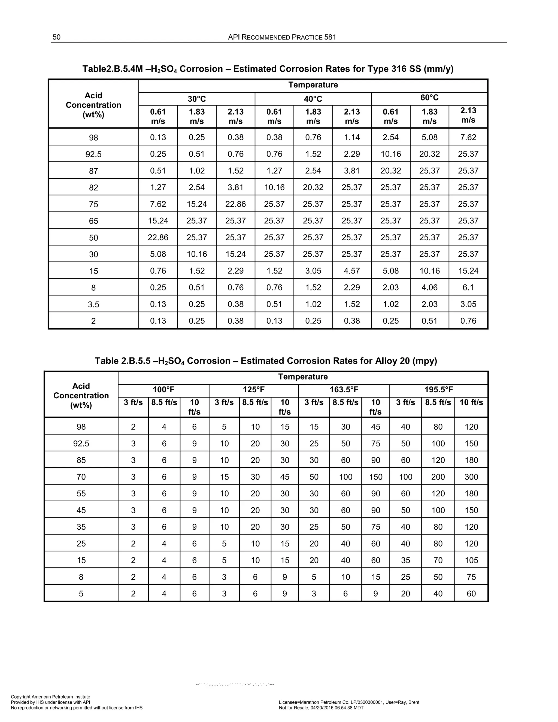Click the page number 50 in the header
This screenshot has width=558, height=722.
(56, 37)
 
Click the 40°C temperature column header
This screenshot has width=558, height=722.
(313, 99)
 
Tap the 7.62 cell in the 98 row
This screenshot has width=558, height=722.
(468, 137)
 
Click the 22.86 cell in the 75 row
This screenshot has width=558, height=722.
(235, 204)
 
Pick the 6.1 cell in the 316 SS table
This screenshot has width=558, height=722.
(468, 287)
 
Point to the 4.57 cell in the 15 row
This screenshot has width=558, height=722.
(352, 271)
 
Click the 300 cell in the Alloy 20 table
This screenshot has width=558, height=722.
(471, 477)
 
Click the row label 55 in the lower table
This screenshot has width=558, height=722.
(81, 494)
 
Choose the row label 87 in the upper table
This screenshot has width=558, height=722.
(93, 171)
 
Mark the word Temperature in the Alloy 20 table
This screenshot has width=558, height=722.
(303, 377)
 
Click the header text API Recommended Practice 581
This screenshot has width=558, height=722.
(282, 37)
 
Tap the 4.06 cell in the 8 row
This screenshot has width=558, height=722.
(429, 287)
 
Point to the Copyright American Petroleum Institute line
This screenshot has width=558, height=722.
(51, 697)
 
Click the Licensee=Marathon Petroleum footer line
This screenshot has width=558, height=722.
(349, 702)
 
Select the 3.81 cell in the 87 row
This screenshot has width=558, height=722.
(352, 171)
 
